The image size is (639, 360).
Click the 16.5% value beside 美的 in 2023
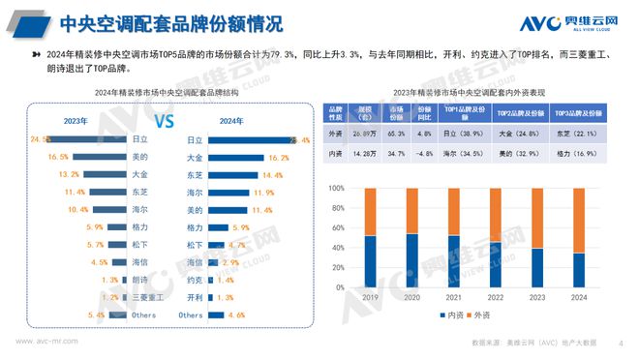57,157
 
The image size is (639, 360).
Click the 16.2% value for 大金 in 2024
278,157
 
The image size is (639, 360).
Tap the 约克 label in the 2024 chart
194,280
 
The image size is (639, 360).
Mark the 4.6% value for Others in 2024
237,315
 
